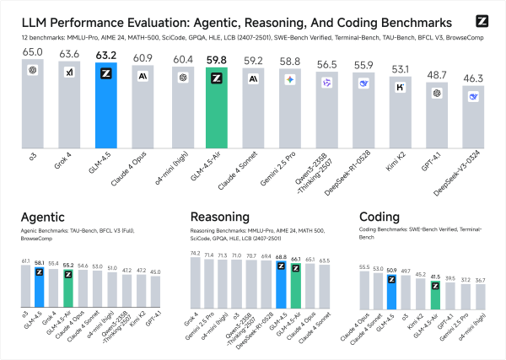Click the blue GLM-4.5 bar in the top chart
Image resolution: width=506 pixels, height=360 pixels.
(x=107, y=110)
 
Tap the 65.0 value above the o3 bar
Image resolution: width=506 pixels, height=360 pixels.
(x=33, y=51)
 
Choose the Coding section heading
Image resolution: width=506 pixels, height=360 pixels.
(x=380, y=216)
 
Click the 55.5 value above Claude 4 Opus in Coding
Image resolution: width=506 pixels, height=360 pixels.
(x=364, y=266)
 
